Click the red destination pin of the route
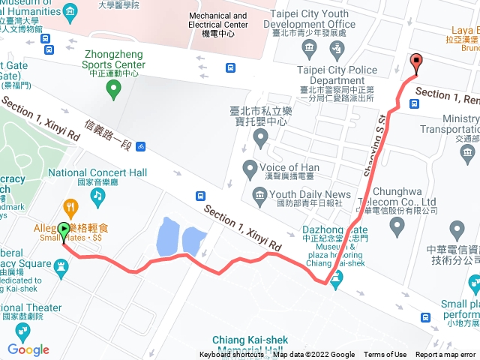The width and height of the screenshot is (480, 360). pyautogui.click(x=417, y=62)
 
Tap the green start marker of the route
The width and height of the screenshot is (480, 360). pyautogui.click(x=64, y=229)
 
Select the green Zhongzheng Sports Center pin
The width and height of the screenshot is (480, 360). pyautogui.click(x=113, y=90)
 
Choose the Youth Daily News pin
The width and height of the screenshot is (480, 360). pyautogui.click(x=259, y=195)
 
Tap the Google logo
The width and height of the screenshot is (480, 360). pyautogui.click(x=28, y=349)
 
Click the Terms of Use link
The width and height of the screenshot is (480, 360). pyautogui.click(x=385, y=355)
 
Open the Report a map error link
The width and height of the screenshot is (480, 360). pyautogui.click(x=445, y=355)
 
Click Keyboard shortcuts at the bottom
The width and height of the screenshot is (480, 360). pyautogui.click(x=233, y=355)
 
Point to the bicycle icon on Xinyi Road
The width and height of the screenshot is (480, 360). pyautogui.click(x=141, y=145)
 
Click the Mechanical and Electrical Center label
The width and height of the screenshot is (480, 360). pyautogui.click(x=217, y=20)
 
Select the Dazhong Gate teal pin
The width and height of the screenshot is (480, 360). pyautogui.click(x=335, y=280)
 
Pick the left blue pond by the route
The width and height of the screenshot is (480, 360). pyautogui.click(x=166, y=237)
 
